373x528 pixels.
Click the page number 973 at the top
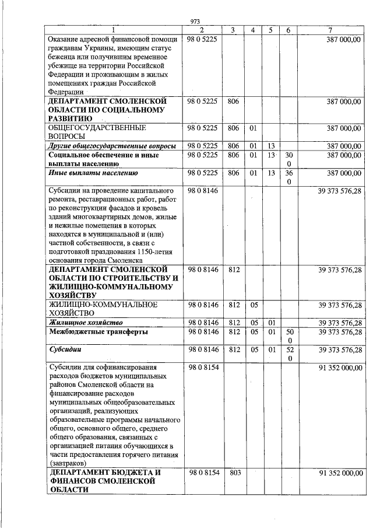[x=195, y=22]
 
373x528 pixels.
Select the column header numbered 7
[x=330, y=30]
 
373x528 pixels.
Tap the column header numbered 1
[x=114, y=30]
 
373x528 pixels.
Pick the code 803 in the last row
[x=235, y=473]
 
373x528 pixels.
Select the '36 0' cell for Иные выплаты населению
[x=288, y=177]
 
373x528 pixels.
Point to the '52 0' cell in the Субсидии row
[x=288, y=354]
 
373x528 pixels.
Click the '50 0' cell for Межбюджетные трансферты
[x=288, y=336]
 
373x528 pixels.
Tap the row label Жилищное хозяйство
[x=86, y=322]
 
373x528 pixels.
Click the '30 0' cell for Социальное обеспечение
[x=288, y=159]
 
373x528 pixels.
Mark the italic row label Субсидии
[x=65, y=350]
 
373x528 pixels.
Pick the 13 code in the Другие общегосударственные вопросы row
[x=271, y=145]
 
